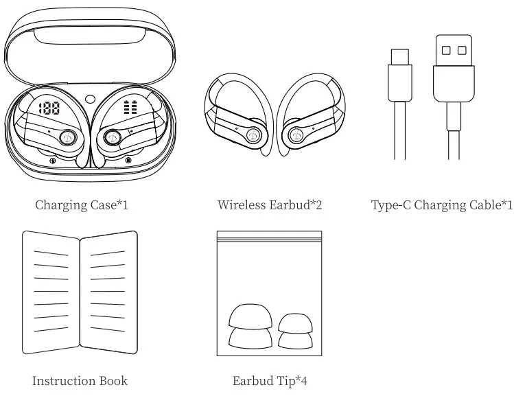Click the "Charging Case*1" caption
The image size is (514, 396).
click(x=82, y=205)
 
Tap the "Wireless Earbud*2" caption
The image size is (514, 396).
click(x=270, y=205)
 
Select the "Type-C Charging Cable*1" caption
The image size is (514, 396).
click(x=441, y=205)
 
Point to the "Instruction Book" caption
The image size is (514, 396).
click(x=80, y=381)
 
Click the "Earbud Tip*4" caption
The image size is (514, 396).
click(x=269, y=381)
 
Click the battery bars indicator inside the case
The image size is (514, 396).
click(x=130, y=108)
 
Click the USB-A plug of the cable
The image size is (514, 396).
click(x=454, y=65)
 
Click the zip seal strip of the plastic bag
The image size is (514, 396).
click(x=269, y=237)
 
